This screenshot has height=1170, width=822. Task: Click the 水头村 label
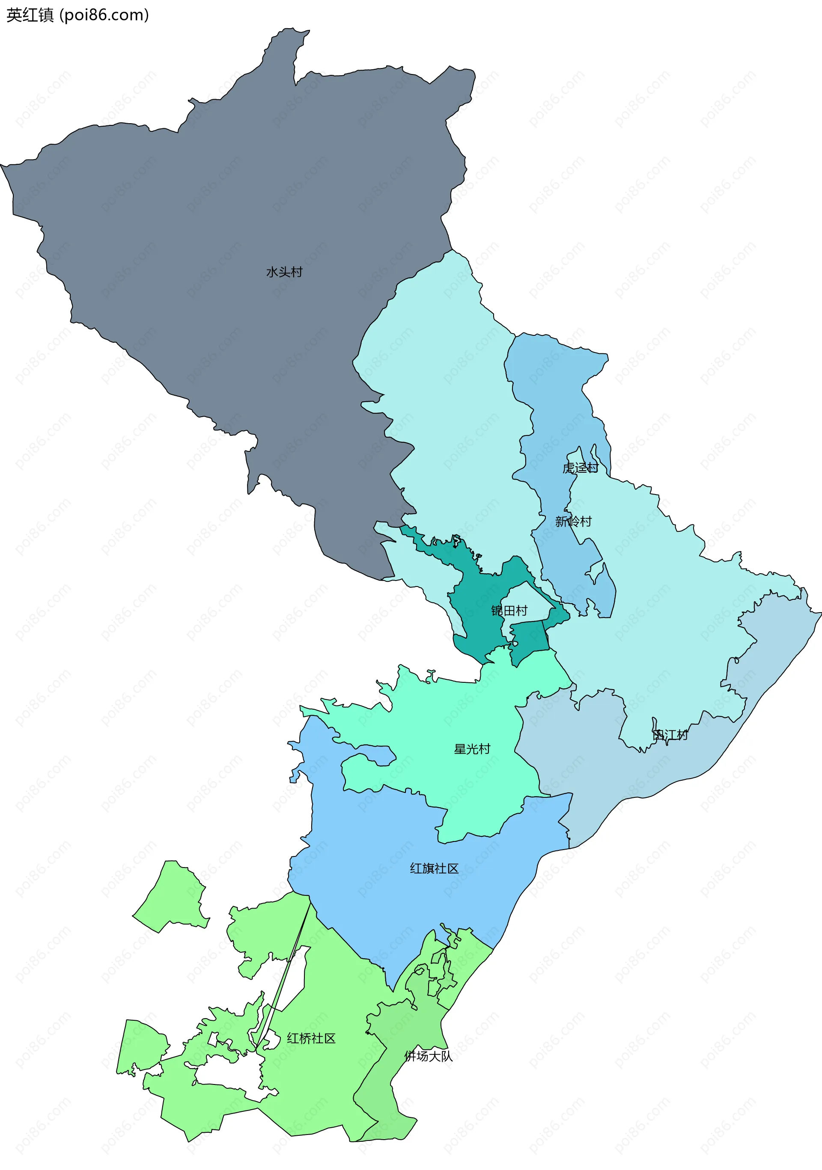284,272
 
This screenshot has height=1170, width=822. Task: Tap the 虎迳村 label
580,468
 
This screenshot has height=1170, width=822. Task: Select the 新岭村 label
573,521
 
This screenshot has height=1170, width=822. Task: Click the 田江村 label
670,735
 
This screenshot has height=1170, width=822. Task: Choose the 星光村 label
472,749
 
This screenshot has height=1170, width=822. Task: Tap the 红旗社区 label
434,868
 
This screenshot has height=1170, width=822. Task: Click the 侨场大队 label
428,1056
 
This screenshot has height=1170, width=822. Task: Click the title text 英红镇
30,15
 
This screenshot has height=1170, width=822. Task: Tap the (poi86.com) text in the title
104,15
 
